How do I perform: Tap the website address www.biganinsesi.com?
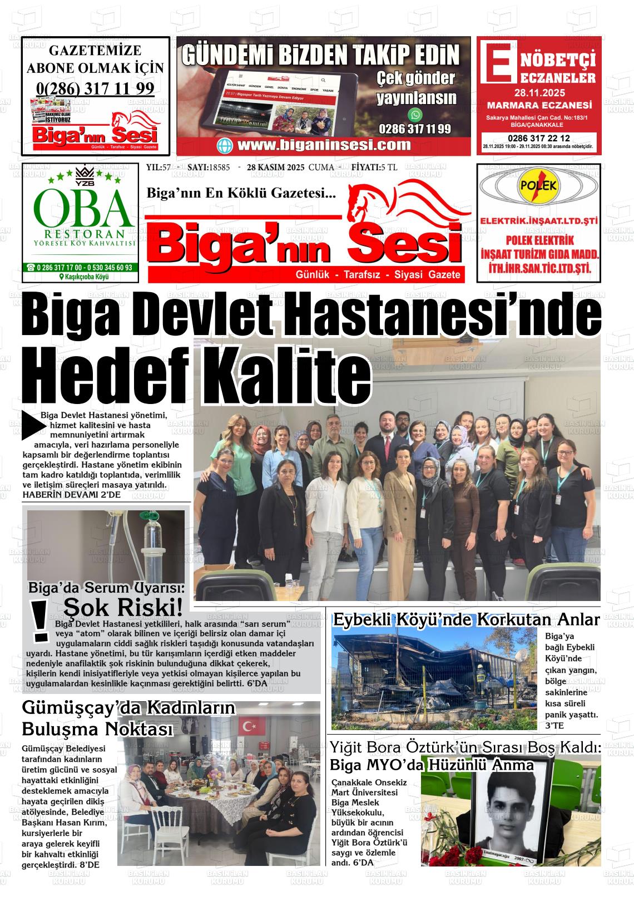324,145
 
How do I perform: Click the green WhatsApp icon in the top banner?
415,115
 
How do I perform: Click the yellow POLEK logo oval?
537,186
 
